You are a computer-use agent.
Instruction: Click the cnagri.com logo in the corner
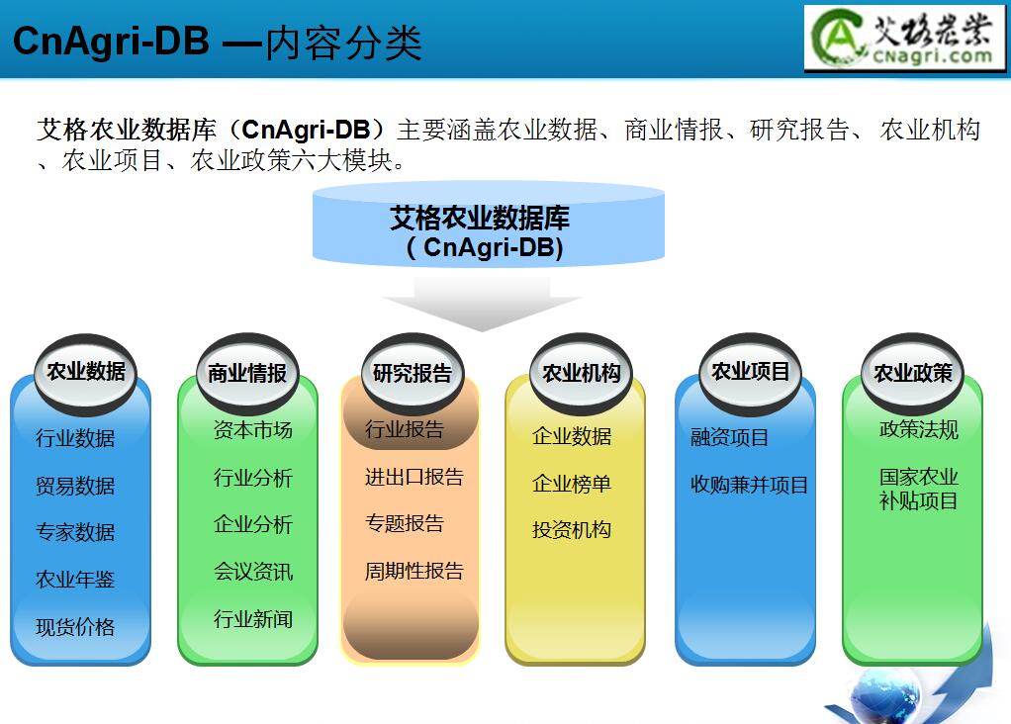(904, 38)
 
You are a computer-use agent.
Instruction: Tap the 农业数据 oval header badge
(86, 372)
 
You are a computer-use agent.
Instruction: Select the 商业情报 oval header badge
(247, 373)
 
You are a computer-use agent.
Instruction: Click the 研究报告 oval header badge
(413, 373)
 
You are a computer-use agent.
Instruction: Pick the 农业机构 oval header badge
(581, 373)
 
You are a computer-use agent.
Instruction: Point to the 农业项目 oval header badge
(750, 372)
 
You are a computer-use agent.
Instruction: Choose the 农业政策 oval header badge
(912, 373)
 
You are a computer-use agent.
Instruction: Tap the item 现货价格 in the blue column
(75, 627)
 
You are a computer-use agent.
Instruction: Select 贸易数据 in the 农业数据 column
(75, 486)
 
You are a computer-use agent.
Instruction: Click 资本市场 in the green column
(253, 430)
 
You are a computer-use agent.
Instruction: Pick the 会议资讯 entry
(253, 572)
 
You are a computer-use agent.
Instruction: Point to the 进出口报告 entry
(414, 477)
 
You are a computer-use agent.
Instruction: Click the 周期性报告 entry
(414, 571)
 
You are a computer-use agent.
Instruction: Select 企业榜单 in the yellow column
(571, 484)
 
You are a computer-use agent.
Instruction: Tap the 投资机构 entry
(571, 530)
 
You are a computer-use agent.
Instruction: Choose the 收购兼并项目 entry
(749, 485)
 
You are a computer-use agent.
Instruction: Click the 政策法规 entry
(919, 429)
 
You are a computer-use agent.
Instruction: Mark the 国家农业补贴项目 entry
(919, 489)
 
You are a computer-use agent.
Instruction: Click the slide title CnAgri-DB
(111, 42)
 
